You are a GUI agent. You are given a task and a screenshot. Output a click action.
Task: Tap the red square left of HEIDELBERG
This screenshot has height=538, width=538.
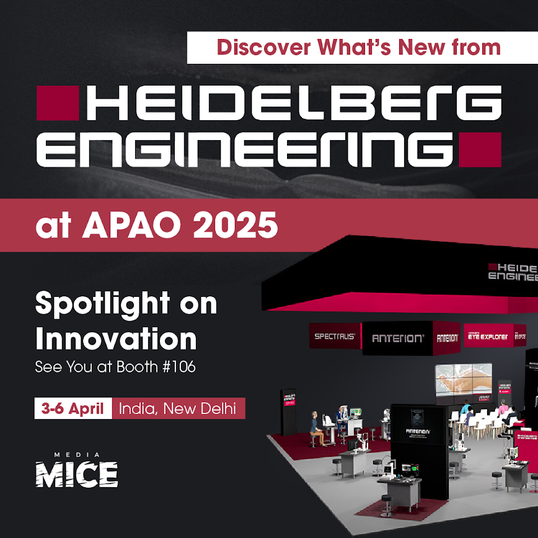(58, 103)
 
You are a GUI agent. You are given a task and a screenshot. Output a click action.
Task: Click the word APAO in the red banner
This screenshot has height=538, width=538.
(136, 226)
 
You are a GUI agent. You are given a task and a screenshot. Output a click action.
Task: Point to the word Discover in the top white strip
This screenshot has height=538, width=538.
(257, 48)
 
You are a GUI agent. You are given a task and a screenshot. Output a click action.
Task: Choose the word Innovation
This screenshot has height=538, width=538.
(116, 339)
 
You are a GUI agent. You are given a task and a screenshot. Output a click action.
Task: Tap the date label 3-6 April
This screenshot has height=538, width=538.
(73, 409)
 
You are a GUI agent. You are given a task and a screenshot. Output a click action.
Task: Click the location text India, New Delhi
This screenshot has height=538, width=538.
(177, 409)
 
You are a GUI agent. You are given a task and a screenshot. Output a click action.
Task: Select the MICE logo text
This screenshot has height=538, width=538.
(76, 475)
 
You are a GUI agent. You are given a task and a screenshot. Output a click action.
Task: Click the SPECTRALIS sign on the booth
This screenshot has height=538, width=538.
(335, 337)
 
